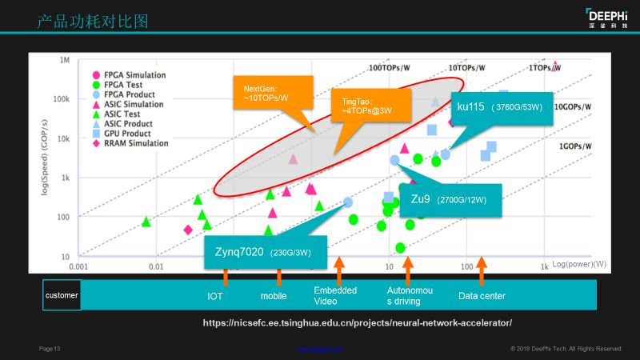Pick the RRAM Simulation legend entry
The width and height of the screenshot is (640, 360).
135,144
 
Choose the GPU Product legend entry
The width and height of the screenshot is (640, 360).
129,134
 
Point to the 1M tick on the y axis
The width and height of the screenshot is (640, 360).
64,60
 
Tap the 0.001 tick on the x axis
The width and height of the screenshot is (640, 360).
78,265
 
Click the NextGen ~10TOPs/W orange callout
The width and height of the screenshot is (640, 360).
266,93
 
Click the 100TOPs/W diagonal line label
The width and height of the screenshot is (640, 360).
390,69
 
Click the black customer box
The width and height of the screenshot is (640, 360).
61,295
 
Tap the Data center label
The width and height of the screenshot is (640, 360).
482,296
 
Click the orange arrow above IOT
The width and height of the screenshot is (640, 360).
226,276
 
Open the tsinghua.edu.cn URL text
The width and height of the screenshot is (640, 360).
357,322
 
